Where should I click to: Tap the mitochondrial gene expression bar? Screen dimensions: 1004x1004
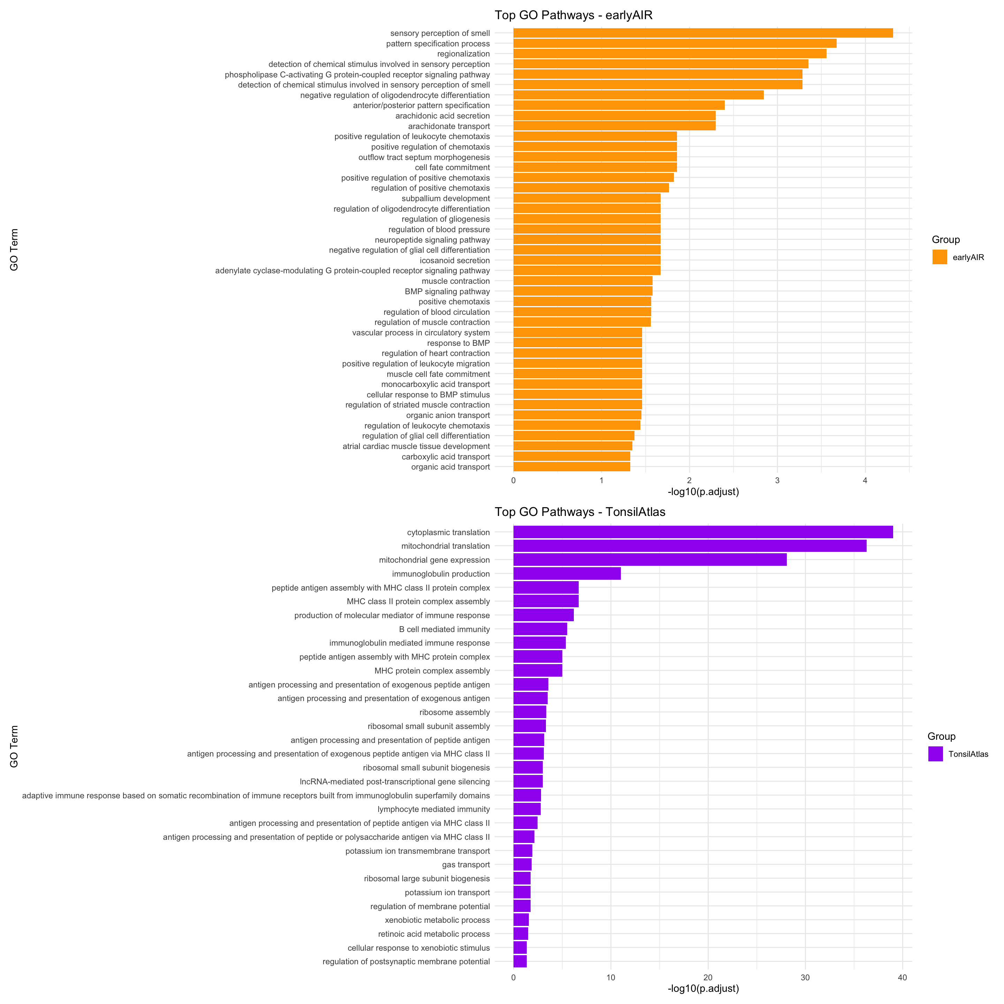649,560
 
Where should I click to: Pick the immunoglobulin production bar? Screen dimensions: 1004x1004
567,574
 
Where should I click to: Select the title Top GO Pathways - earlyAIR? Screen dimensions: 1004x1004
573,15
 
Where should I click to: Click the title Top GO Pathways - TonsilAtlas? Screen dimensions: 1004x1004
580,512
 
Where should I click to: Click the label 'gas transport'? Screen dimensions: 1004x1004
466,865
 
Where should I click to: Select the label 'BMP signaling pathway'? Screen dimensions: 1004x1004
447,291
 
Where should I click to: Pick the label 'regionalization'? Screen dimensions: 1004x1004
463,54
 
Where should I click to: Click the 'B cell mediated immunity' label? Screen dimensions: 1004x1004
444,629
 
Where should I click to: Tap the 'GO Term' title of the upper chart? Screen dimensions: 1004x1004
14,250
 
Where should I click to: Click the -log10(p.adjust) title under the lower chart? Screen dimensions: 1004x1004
703,988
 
